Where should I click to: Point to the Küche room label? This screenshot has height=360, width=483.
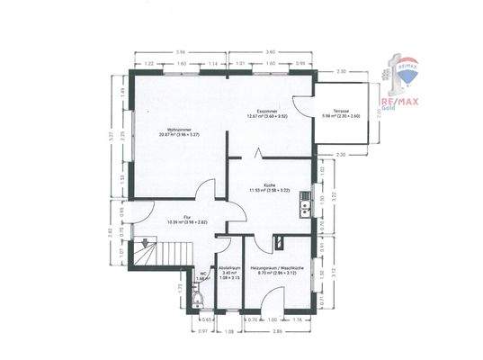(x=269, y=187)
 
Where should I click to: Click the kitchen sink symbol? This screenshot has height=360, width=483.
(x=307, y=209)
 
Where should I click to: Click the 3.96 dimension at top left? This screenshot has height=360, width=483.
(x=180, y=52)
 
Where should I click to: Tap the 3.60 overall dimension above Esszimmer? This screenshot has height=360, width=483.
(x=270, y=52)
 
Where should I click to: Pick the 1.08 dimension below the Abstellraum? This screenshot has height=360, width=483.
(x=228, y=332)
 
